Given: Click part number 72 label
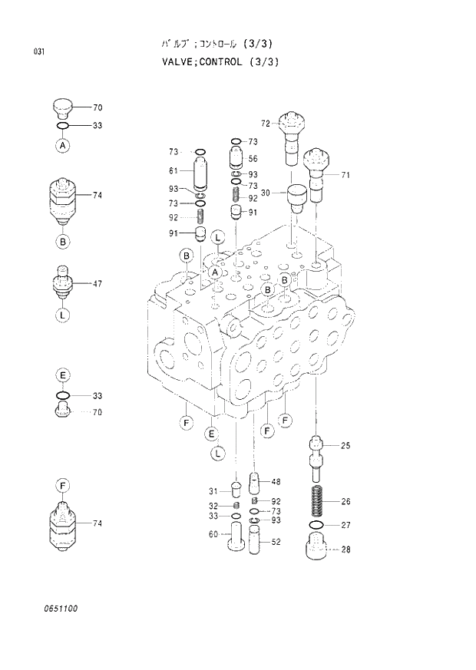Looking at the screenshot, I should point(265,123).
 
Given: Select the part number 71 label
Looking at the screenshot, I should point(345,176).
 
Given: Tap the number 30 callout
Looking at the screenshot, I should point(265,193).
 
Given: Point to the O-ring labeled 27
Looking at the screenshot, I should point(316,525).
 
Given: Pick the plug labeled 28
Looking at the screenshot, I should point(316,549).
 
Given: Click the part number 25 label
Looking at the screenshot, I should point(345,445).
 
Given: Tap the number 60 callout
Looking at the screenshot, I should point(213,534).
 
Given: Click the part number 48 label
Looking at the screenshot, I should point(276,482).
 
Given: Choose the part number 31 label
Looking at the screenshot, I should point(213,491).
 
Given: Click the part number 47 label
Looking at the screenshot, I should point(98,284).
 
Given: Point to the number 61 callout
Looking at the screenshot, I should point(174,170).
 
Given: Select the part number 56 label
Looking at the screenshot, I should point(253,159).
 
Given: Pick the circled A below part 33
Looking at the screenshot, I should point(63,144).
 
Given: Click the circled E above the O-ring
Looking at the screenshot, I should point(63,375).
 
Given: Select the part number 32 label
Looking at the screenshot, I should point(213,505).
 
